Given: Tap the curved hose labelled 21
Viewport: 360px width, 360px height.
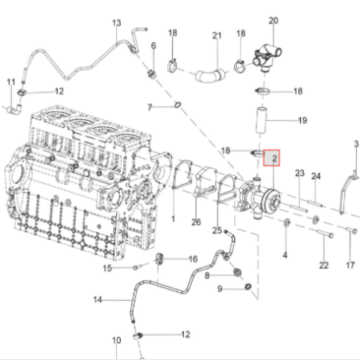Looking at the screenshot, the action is (x=210, y=74).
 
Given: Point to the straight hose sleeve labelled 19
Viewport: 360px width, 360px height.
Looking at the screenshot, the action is (x=262, y=120).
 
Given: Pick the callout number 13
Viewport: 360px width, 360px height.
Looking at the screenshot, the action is (x=117, y=23).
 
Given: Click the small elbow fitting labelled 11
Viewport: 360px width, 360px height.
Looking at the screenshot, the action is (x=14, y=109).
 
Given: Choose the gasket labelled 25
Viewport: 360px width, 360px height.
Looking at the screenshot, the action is (x=227, y=187).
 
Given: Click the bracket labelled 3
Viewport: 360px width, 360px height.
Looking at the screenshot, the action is (x=348, y=192).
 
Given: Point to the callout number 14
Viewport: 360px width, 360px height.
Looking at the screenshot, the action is (x=98, y=300).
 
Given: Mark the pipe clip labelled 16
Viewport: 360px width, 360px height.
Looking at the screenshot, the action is (x=160, y=258).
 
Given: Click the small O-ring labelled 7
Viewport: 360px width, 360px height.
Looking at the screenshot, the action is (x=178, y=105).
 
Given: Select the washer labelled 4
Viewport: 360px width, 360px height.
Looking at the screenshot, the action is (x=286, y=222).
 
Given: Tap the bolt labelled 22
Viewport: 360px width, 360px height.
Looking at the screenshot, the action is (x=326, y=234).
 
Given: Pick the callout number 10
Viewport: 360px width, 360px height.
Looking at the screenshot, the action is (x=116, y=341).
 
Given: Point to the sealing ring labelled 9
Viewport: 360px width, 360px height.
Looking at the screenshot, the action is (x=248, y=287).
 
